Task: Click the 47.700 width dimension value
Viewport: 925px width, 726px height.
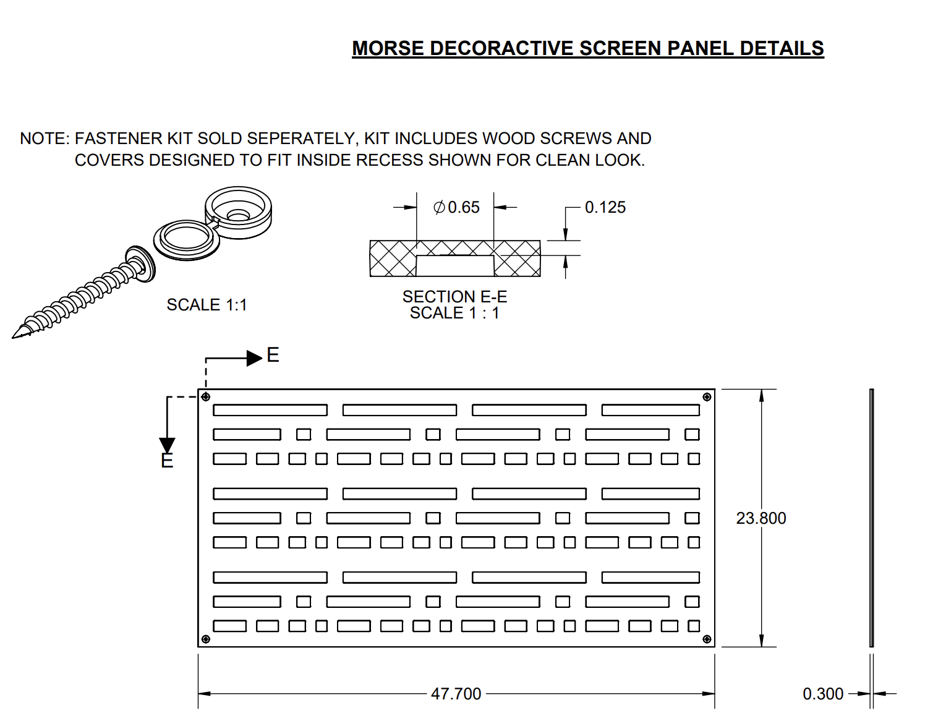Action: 456,694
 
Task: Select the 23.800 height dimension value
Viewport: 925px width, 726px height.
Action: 761,518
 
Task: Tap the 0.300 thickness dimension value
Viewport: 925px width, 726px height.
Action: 822,694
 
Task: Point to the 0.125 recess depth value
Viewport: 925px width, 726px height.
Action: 605,207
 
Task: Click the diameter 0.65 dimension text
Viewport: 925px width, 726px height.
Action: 457,207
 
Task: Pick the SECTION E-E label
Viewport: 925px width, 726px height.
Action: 454,297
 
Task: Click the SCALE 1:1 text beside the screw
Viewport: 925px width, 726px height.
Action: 207,305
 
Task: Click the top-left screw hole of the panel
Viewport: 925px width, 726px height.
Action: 206,397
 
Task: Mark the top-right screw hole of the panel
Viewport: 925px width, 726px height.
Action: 707,397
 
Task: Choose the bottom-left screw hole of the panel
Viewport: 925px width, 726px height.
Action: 206,639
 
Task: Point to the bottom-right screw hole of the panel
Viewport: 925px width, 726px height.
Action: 707,639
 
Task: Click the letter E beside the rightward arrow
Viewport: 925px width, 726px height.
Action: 273,355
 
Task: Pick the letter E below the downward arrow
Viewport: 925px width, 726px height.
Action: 167,461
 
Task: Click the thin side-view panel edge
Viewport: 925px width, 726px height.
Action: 871,518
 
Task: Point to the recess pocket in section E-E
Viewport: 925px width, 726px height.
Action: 455,266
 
